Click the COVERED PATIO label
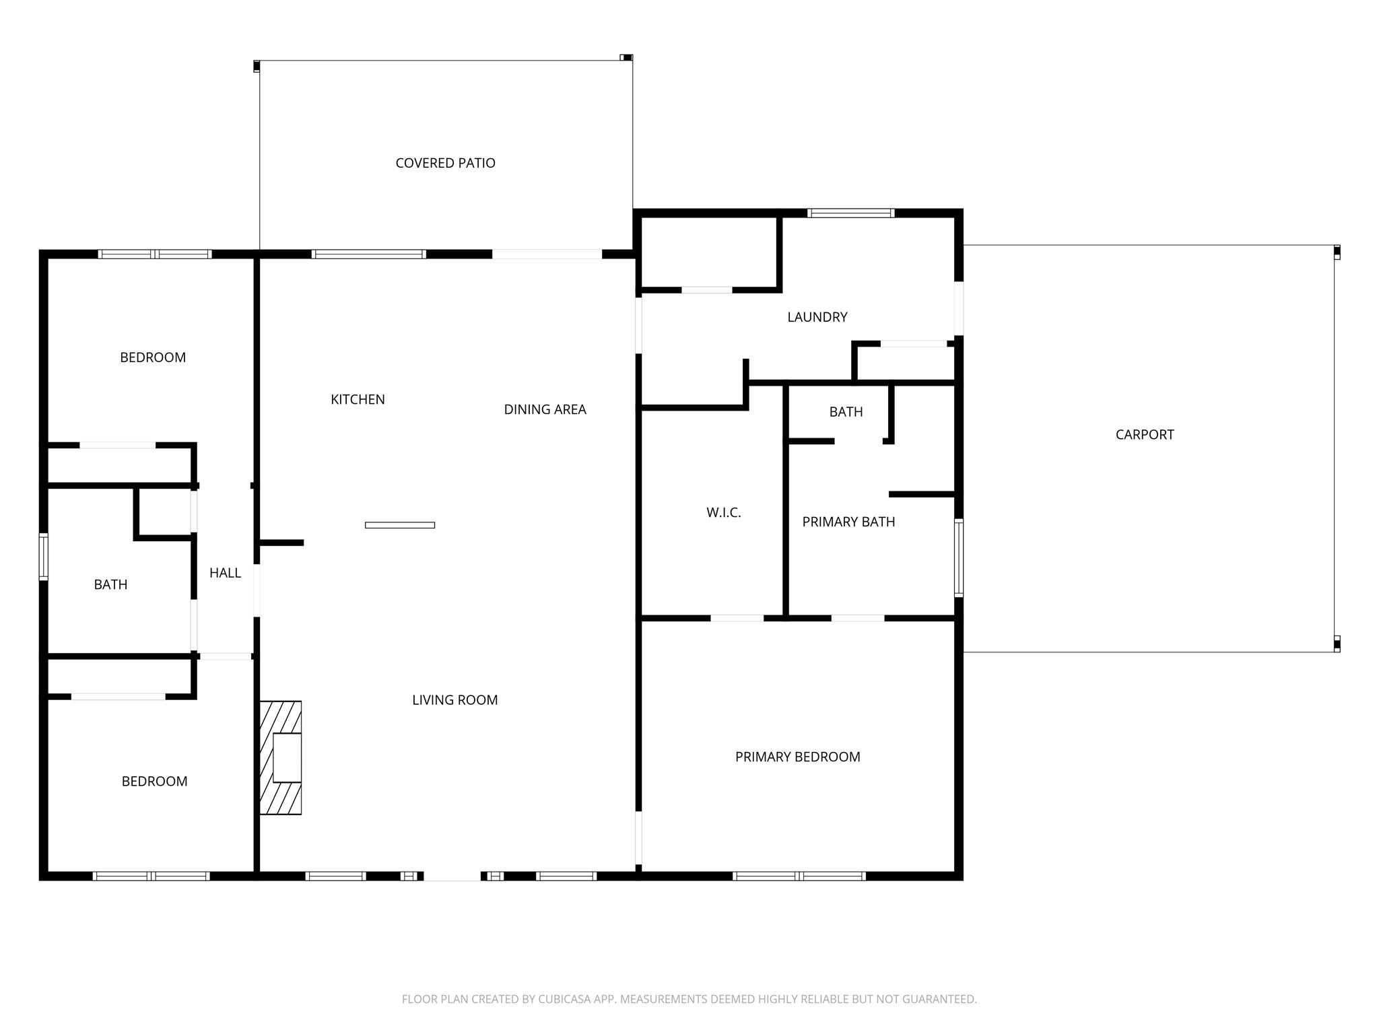[445, 163]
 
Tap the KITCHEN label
[358, 399]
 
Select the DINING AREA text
[545, 409]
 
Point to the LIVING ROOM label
[455, 700]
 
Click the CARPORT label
[1144, 435]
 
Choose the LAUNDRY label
[817, 317]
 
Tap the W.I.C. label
[723, 513]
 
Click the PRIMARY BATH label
[848, 522]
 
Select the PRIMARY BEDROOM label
[797, 757]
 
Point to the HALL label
[225, 573]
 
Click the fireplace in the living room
[281, 757]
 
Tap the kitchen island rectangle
[399, 525]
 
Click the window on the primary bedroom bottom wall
[799, 876]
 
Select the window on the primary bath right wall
[959, 557]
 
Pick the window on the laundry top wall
[850, 213]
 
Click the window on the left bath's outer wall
[44, 557]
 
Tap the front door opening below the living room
[452, 876]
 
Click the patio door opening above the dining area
[546, 254]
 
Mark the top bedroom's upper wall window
[155, 254]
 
